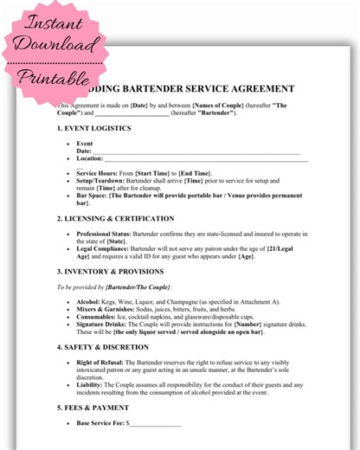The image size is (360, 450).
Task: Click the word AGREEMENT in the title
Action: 259,88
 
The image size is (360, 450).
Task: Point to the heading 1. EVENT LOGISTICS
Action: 95,129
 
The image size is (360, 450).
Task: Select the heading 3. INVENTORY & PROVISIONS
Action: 112,272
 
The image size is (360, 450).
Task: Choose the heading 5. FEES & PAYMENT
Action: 93,407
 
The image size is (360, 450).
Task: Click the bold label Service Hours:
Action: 99,174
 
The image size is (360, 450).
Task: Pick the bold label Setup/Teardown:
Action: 103,181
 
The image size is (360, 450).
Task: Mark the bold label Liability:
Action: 91,383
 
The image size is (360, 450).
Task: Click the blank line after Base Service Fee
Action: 155,424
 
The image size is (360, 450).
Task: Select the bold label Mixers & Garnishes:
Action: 106,308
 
